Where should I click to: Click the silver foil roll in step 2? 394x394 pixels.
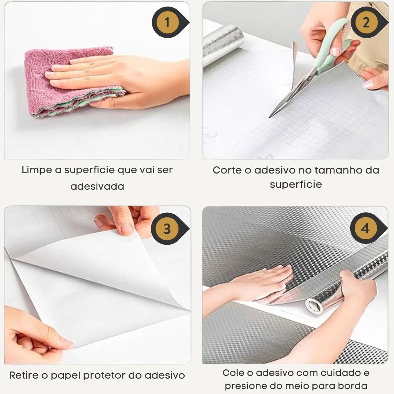[x=222, y=45]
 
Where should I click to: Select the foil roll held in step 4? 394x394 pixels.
[x=347, y=284]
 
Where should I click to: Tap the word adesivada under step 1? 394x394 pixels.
[x=97, y=187]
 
